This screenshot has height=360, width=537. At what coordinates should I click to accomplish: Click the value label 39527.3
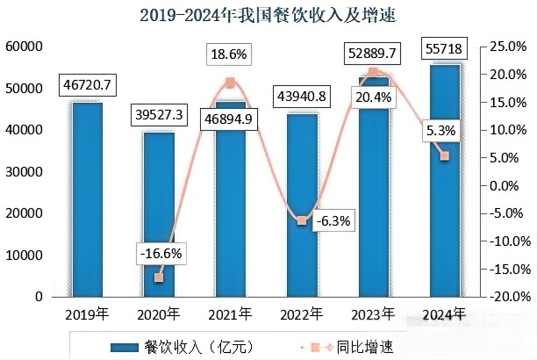(x=159, y=116)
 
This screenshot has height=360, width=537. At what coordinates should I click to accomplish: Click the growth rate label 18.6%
(x=230, y=55)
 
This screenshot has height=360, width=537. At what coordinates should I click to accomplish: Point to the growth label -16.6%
(x=160, y=252)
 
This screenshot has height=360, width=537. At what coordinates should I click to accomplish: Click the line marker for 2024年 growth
(x=445, y=155)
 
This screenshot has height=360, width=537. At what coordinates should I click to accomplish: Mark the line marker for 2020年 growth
(x=159, y=277)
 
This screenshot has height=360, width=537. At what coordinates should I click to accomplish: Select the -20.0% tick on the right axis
(x=508, y=297)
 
